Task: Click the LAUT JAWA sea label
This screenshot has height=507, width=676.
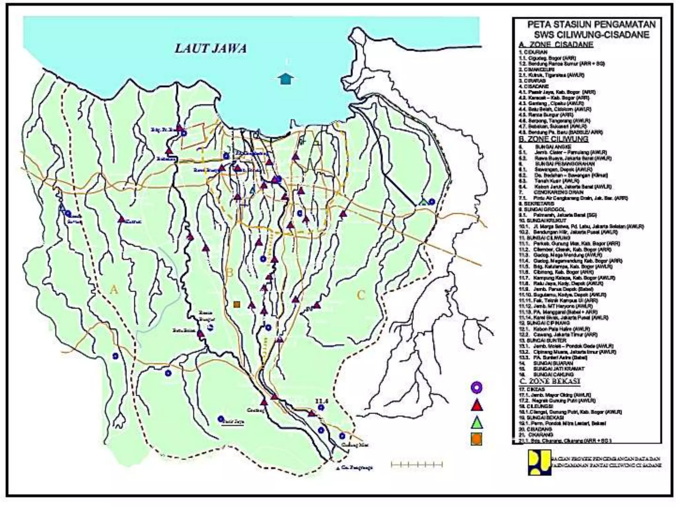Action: point(211,49)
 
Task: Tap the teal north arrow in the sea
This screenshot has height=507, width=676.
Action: point(286,79)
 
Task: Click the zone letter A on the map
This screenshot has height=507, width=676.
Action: point(114,290)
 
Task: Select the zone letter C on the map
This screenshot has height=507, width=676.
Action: point(361,295)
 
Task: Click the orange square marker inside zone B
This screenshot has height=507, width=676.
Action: point(236,304)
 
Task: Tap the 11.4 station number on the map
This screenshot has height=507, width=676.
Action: point(322,401)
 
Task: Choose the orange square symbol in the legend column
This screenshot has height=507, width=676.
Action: point(476,439)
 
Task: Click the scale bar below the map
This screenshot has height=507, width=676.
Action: point(417,465)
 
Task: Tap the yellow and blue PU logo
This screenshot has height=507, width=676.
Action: point(539,462)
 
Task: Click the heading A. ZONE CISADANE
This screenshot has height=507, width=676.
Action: point(556,45)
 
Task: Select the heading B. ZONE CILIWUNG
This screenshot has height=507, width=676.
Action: point(554,139)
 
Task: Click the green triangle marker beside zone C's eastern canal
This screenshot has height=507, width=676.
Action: point(423,201)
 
